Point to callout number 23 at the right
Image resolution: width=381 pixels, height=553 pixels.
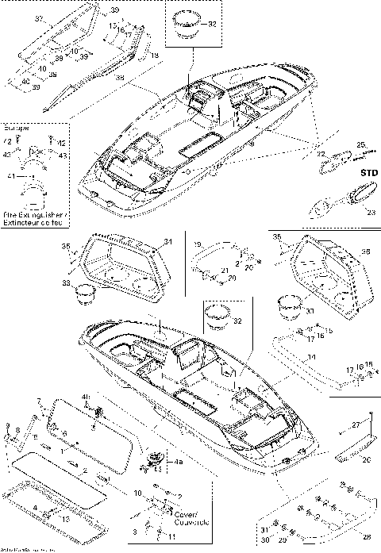(369, 211)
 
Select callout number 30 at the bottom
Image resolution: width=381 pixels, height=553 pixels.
(264, 543)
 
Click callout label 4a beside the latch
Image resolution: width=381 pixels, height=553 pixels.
(179, 461)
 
